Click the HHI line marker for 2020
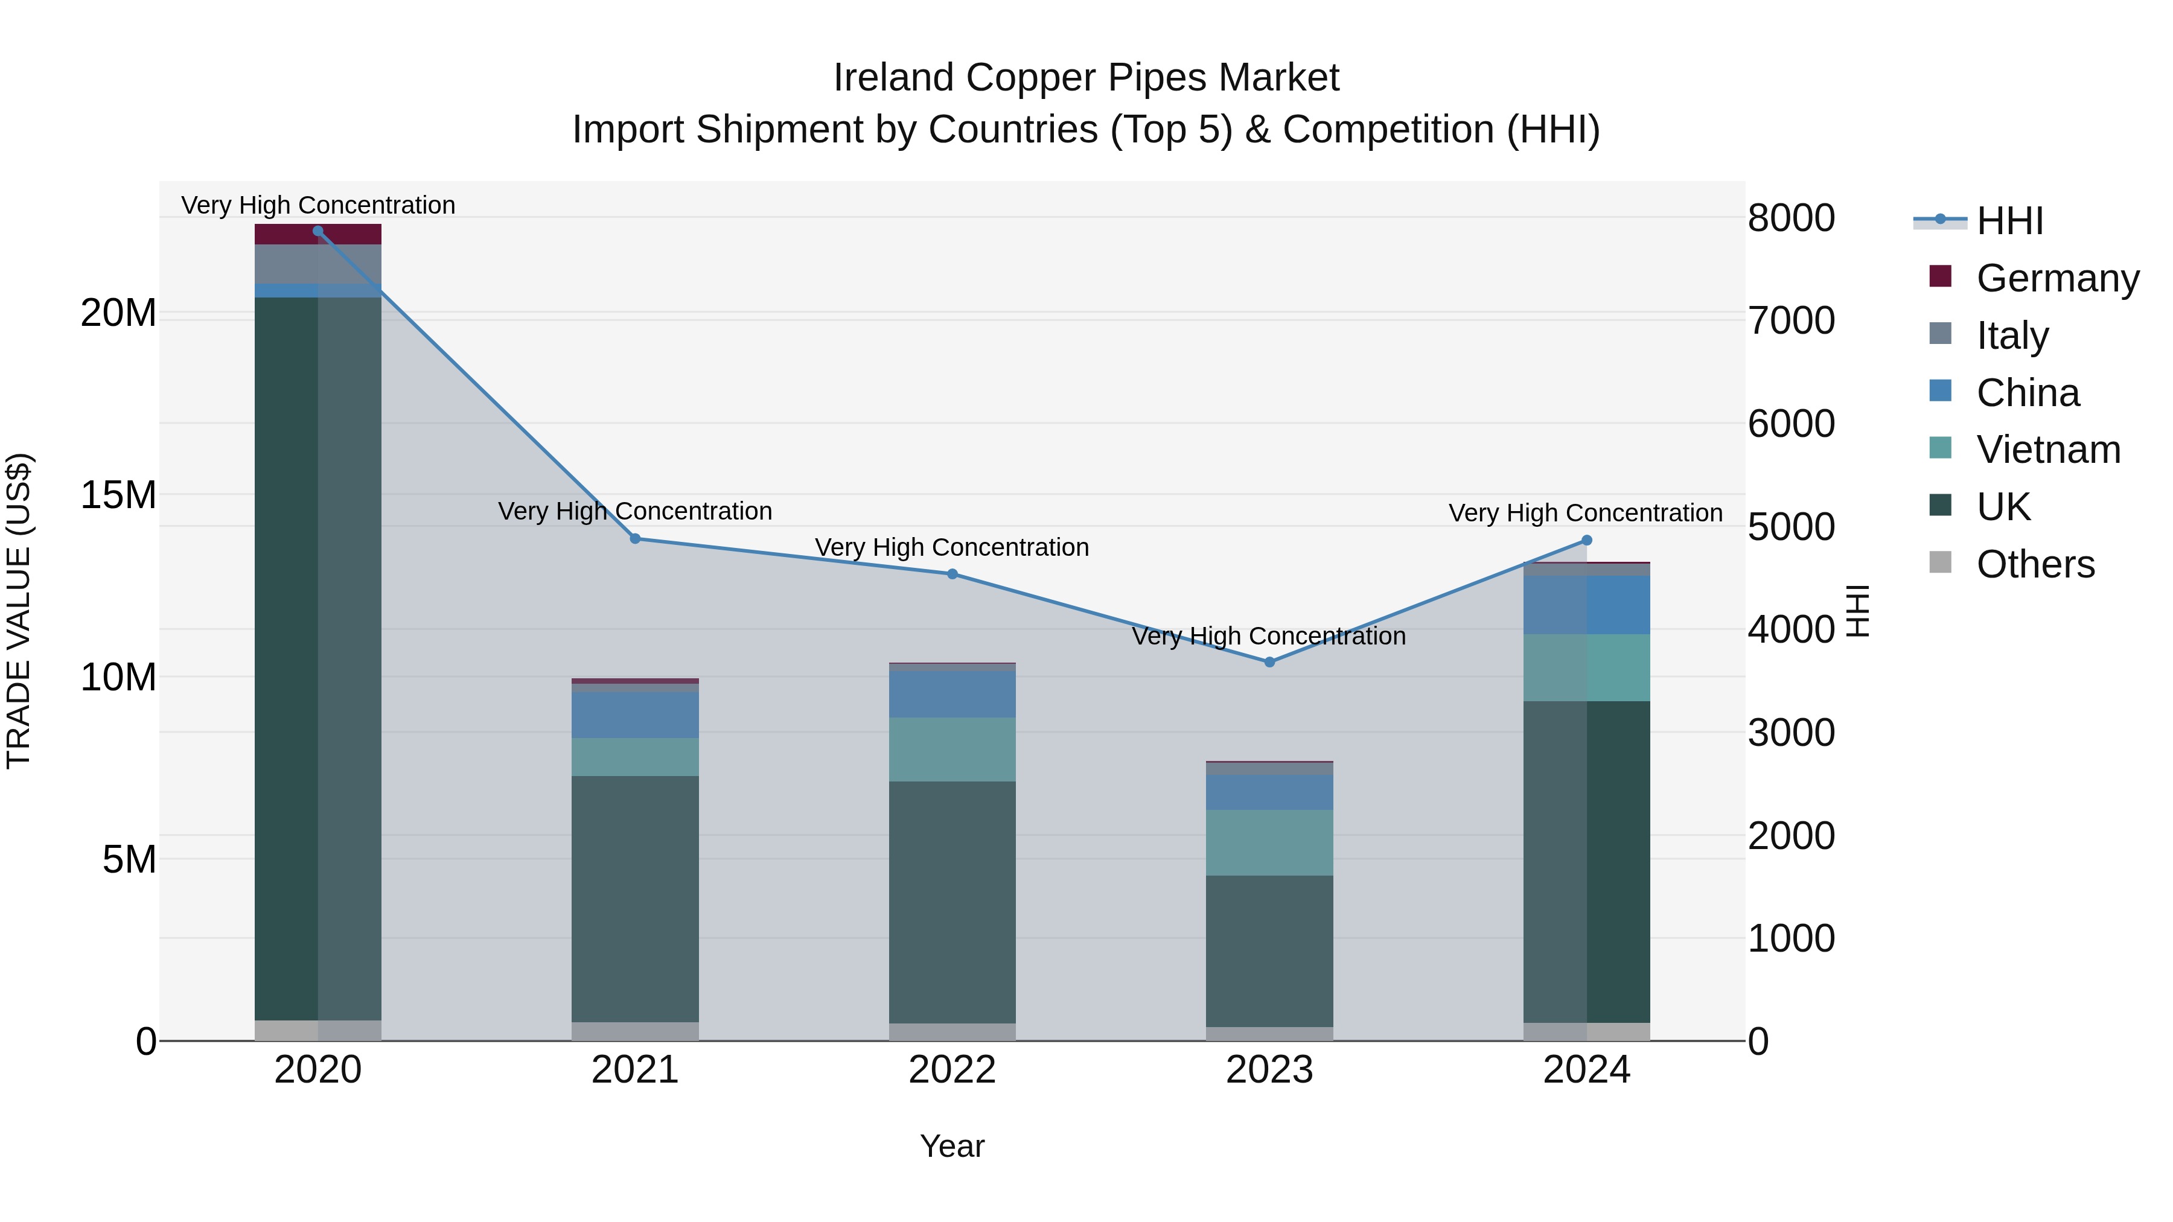tap(318, 231)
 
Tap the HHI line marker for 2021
tap(635, 539)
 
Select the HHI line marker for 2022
tap(952, 574)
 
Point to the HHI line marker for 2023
tap(1269, 662)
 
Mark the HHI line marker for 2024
tap(1587, 541)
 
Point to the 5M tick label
tap(129, 859)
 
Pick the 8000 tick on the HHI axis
tap(1791, 218)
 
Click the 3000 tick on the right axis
tap(1791, 732)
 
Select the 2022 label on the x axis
tap(952, 1070)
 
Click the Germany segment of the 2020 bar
tap(318, 235)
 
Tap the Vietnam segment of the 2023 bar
tap(1269, 842)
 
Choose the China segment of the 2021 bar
tap(635, 715)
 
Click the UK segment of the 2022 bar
tap(952, 902)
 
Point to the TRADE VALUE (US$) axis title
tap(19, 611)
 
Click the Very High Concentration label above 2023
tap(1269, 636)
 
